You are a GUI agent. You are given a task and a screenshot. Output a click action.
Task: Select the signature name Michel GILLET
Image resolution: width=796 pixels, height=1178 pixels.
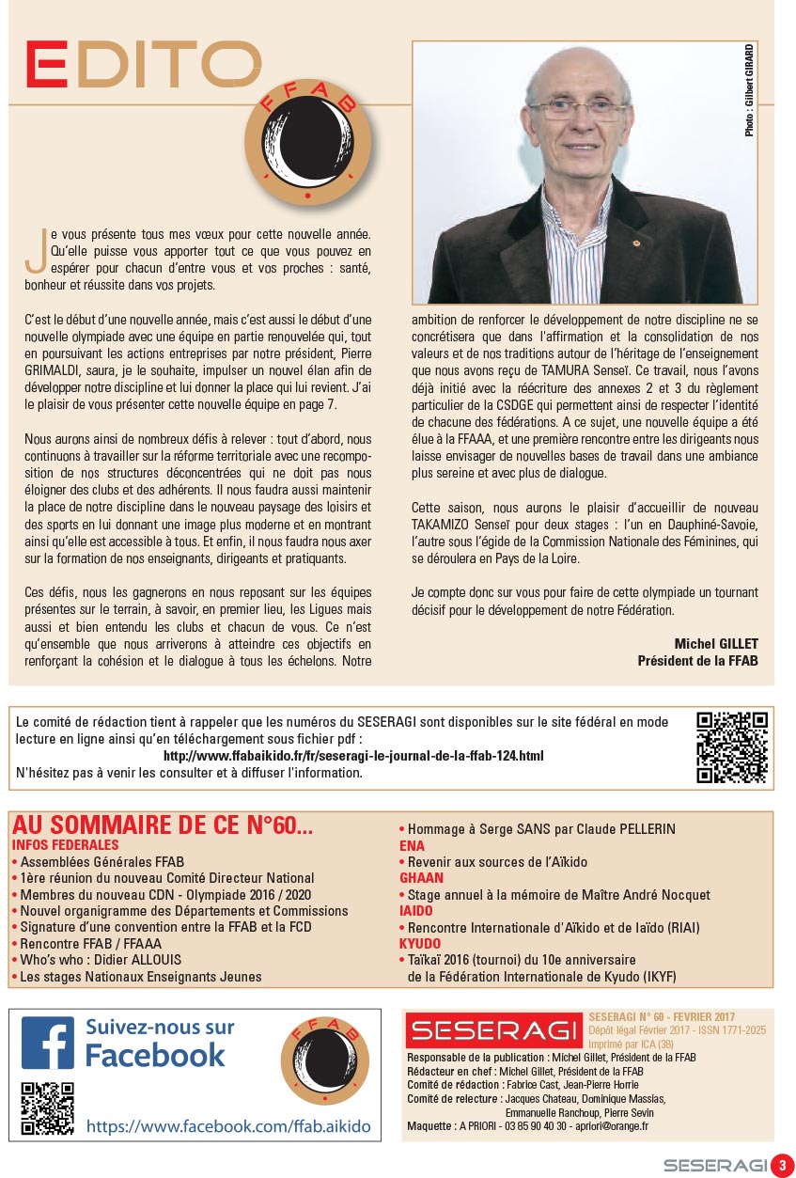716,644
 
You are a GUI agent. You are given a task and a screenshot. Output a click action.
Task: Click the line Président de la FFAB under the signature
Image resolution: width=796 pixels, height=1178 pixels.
697,660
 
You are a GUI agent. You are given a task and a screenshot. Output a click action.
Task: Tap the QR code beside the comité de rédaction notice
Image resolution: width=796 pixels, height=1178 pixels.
732,747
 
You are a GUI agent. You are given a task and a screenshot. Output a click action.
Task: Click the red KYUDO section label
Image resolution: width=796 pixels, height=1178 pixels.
420,943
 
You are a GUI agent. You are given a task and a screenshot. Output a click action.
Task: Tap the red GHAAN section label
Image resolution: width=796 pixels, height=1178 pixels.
421,878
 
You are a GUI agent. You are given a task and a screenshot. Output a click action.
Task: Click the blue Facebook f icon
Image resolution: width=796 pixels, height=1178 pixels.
48,1043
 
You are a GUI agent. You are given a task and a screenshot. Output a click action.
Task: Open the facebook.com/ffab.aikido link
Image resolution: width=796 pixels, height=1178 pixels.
228,1126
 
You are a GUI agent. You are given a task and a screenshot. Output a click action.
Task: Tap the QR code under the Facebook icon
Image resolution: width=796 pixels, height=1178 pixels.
47,1108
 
